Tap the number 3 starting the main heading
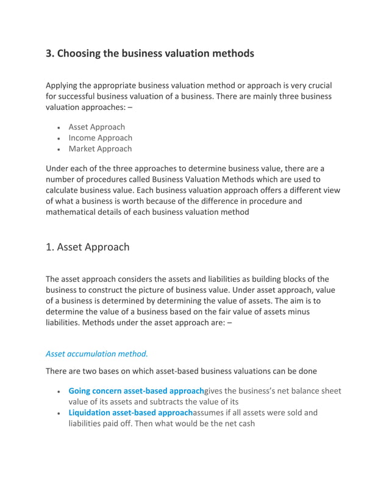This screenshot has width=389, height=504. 49,54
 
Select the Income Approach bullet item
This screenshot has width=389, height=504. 100,138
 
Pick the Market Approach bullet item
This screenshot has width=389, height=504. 100,149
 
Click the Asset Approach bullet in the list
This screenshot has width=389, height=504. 96,127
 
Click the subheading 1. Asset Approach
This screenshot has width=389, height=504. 88,247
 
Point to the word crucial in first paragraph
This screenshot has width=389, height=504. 316,85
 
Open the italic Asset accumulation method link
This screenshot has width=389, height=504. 97,353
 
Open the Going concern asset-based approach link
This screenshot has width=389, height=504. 136,391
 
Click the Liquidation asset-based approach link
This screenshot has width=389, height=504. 130,412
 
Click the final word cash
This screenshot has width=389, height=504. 244,423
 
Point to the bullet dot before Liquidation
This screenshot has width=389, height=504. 58,413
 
